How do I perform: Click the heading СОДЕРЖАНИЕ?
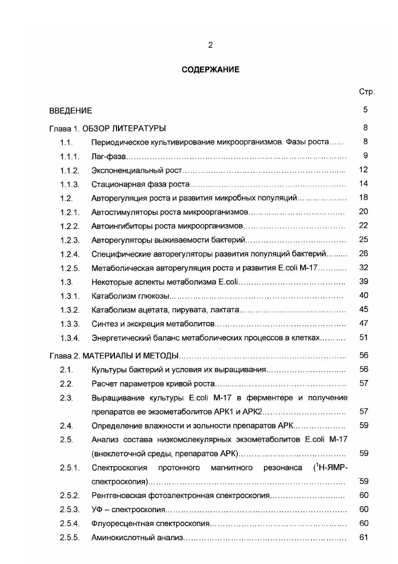(x=210, y=70)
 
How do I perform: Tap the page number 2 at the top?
(x=210, y=45)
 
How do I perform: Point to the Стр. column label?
(x=366, y=92)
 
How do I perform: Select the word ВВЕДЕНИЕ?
(x=70, y=110)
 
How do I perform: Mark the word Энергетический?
(x=119, y=337)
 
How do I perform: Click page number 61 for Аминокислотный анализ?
(x=364, y=537)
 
